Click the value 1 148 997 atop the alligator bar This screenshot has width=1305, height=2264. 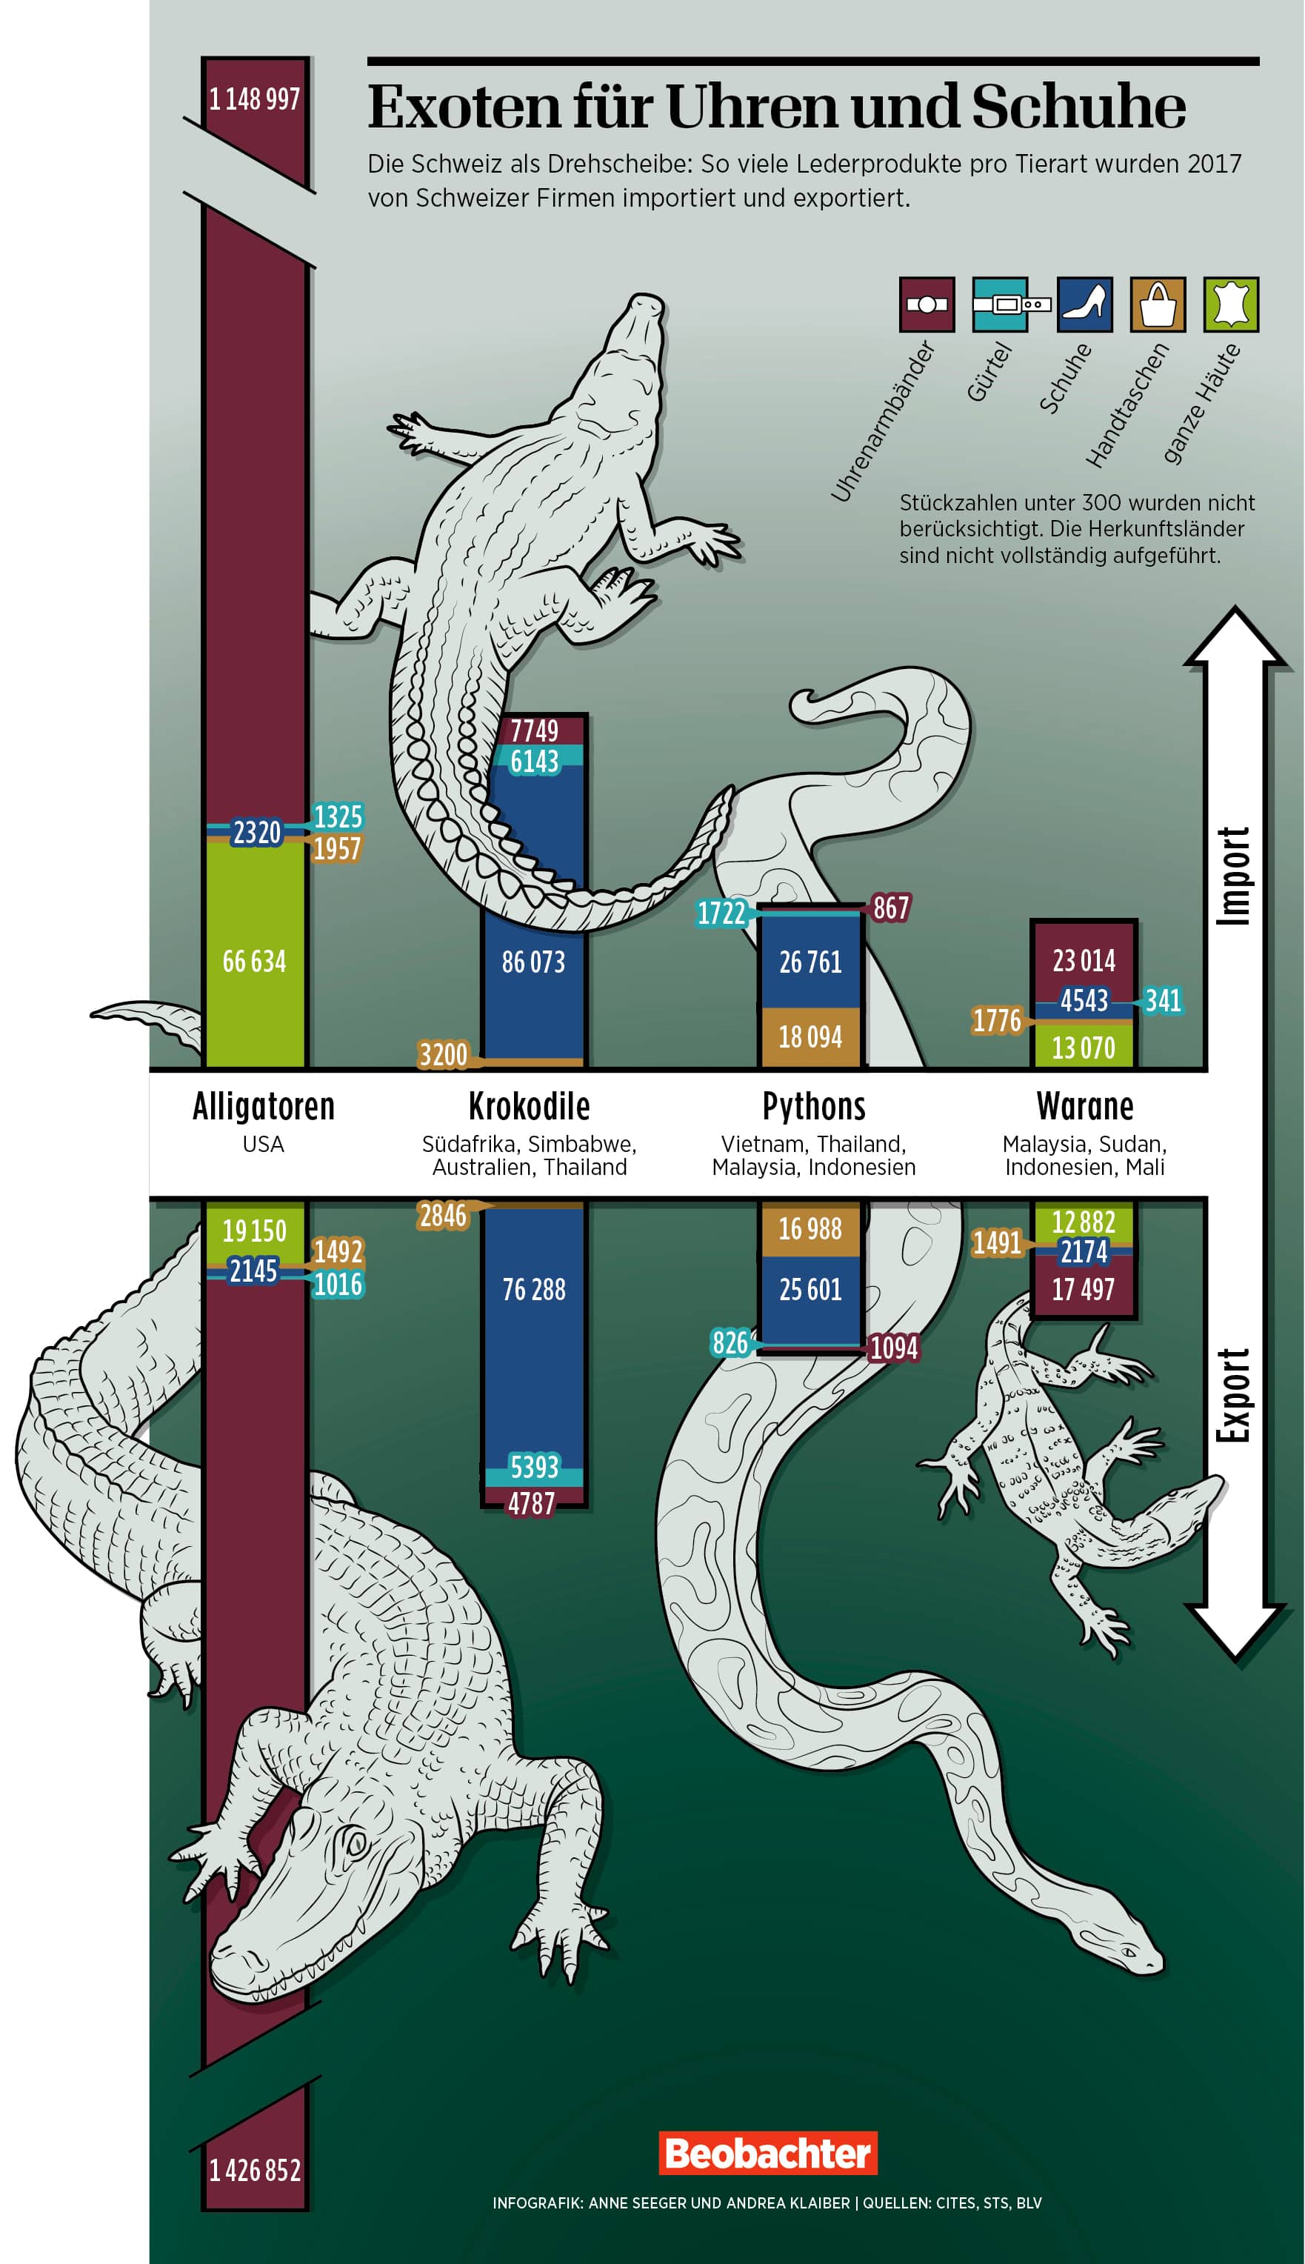pyautogui.click(x=255, y=99)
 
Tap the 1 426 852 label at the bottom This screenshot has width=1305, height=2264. pyautogui.click(x=255, y=2170)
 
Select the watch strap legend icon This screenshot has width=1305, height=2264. pyautogui.click(x=927, y=304)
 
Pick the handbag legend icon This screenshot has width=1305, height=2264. pyautogui.click(x=1158, y=304)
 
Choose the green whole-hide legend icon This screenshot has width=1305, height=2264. pyautogui.click(x=1231, y=304)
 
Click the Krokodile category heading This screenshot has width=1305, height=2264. pyautogui.click(x=529, y=1107)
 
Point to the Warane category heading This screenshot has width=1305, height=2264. pyautogui.click(x=1084, y=1107)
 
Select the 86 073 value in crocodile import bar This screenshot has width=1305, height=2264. pyautogui.click(x=533, y=962)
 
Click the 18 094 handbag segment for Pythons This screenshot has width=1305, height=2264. pyautogui.click(x=810, y=1037)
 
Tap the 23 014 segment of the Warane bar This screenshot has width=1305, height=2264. pyautogui.click(x=1084, y=961)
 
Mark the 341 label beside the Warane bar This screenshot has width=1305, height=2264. pyautogui.click(x=1164, y=1000)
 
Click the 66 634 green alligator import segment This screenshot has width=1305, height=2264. pyautogui.click(x=255, y=962)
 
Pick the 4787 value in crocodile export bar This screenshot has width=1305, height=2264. pyautogui.click(x=533, y=1504)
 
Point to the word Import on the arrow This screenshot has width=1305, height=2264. pyautogui.click(x=1234, y=876)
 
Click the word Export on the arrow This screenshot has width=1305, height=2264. pyautogui.click(x=1234, y=1396)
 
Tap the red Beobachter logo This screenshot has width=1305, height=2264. pyautogui.click(x=767, y=2153)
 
